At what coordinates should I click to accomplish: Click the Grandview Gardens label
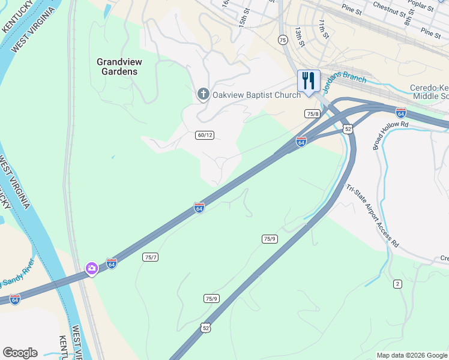[x=118, y=66]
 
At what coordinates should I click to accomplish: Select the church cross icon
[x=203, y=94]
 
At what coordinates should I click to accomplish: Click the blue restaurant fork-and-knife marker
[x=309, y=81]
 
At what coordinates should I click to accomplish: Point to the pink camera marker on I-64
[x=91, y=268]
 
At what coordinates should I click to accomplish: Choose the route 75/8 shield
[x=312, y=113]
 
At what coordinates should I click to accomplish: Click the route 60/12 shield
[x=204, y=135]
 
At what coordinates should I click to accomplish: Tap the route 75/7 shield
[x=150, y=257]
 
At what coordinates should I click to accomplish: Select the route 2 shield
[x=397, y=283]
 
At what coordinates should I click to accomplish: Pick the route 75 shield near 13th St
[x=283, y=39]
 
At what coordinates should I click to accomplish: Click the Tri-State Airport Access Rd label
[x=372, y=216]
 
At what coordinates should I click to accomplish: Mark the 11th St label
[x=324, y=28]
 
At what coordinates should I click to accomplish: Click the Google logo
[x=20, y=353]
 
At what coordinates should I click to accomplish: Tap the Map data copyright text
[x=411, y=355]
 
